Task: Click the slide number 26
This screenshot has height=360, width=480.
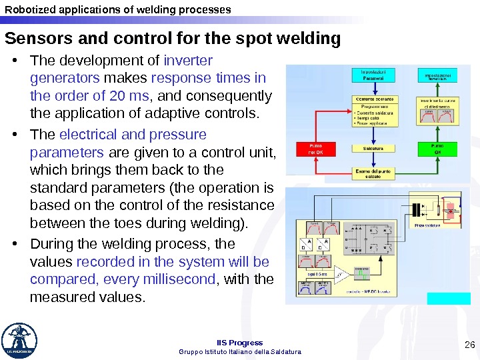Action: (469, 344)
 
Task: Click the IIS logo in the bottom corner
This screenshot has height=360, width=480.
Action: (19, 340)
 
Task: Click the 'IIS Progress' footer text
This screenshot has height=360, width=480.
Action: (241, 343)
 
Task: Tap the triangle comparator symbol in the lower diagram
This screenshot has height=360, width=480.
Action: (341, 273)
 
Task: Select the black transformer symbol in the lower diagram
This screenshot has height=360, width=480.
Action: (418, 209)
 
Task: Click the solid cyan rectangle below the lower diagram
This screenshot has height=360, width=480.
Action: (439, 298)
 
